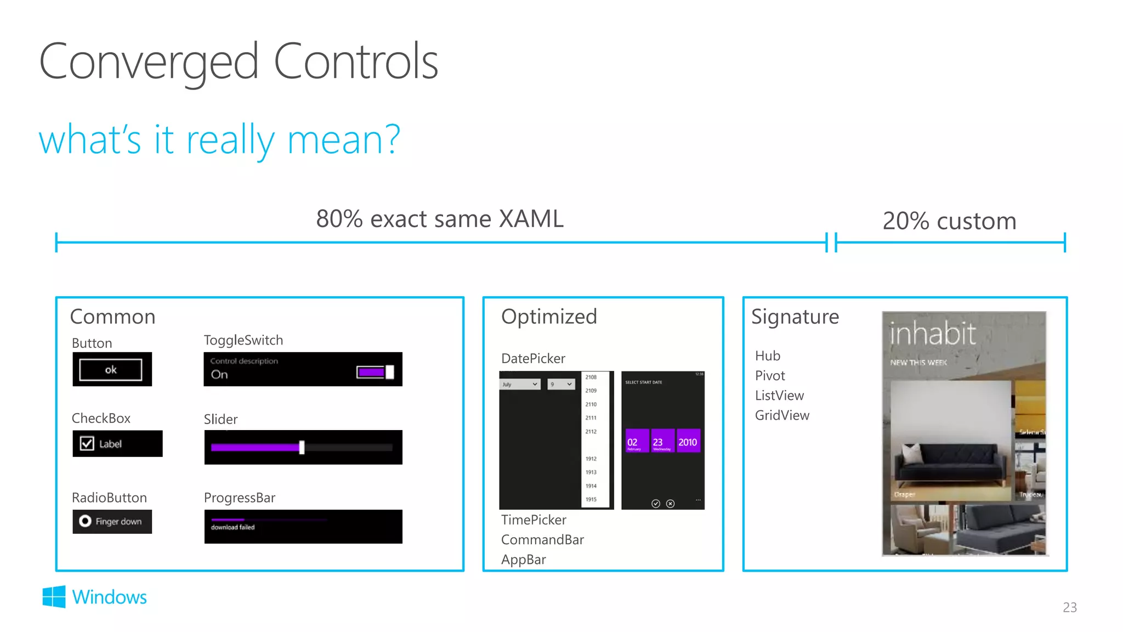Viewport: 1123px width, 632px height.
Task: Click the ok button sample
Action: (111, 370)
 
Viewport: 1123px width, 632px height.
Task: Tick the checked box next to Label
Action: (87, 443)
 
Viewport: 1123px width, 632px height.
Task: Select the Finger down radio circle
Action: (85, 521)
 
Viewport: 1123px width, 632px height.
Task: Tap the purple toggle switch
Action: (375, 373)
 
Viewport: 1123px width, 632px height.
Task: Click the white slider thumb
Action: (302, 448)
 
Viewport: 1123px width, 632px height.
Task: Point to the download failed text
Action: (233, 527)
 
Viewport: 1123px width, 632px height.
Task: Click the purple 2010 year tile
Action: (688, 442)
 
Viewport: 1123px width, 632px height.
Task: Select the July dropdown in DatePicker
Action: (520, 384)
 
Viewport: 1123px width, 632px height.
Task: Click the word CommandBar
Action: (542, 540)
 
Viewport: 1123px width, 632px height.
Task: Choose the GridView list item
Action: (782, 415)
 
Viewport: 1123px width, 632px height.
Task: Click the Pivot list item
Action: (770, 376)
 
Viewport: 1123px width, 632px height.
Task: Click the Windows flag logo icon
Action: (54, 597)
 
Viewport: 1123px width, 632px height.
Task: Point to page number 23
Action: (1069, 607)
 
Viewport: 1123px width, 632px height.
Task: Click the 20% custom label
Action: (949, 221)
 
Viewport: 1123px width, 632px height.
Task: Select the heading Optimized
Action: (549, 317)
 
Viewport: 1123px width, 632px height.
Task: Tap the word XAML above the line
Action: (531, 219)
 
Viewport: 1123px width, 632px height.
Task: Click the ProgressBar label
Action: (240, 498)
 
